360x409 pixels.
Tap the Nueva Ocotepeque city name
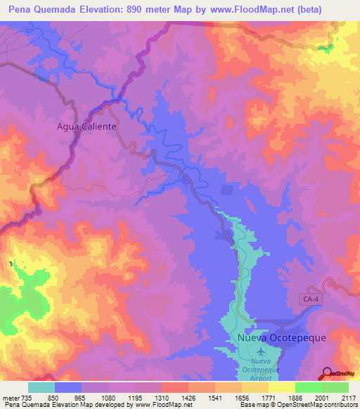pyautogui.click(x=281, y=337)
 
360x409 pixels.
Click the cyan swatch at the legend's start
pyautogui.click(x=41, y=387)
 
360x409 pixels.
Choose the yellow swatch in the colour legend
pyautogui.click(x=282, y=387)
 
